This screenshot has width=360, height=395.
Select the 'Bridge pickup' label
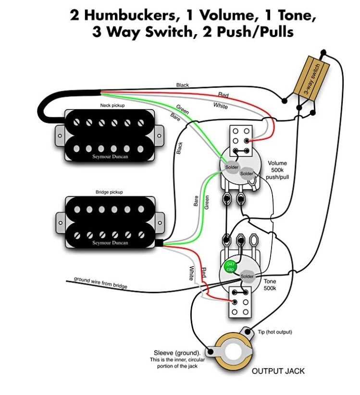coord(110,192)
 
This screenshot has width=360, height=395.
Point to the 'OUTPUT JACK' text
coord(278,371)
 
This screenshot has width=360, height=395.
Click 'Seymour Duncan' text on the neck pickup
coord(110,156)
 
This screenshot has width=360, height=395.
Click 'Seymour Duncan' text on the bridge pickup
coord(110,243)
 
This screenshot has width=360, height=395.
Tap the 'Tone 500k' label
coord(270,285)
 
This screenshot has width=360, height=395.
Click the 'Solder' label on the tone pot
coord(247,277)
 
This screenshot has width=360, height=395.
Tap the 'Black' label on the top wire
coord(182,85)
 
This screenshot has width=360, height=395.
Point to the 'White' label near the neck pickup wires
coord(221,106)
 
